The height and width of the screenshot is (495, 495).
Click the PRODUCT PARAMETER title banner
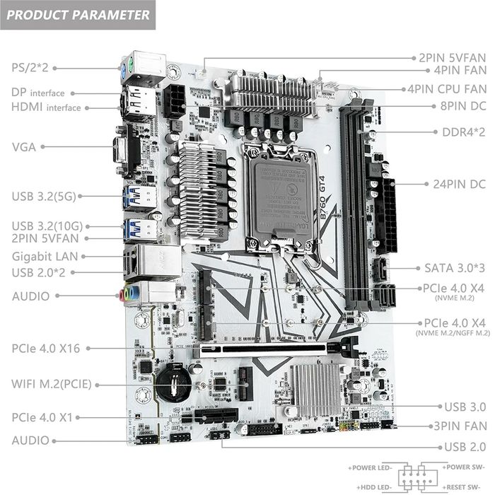(79, 14)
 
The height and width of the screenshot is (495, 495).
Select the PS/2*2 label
(29, 68)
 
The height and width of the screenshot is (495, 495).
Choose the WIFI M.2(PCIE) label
(51, 385)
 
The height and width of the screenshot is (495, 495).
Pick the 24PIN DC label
(459, 184)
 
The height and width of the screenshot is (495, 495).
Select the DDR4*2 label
(463, 132)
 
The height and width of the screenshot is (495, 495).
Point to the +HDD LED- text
(371, 488)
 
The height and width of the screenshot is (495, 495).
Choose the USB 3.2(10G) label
(47, 226)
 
